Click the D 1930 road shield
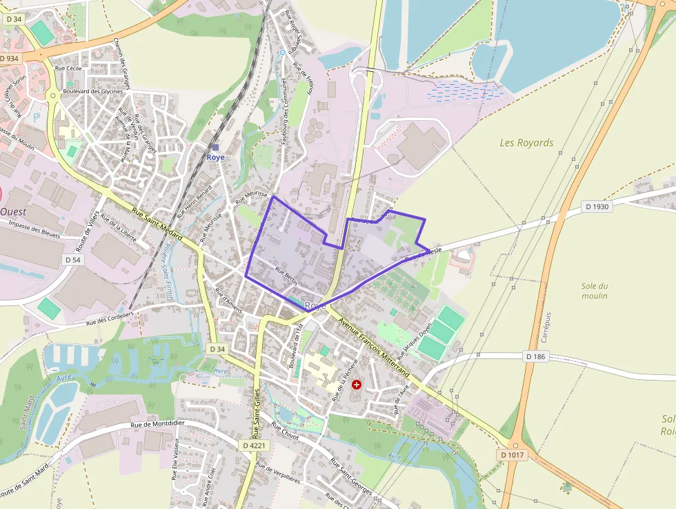click(x=598, y=207)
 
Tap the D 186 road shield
click(x=535, y=356)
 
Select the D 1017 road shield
click(x=513, y=455)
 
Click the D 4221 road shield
click(x=254, y=445)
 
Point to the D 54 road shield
click(x=72, y=259)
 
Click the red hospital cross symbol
click(x=356, y=384)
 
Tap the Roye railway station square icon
click(x=215, y=147)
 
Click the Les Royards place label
click(x=526, y=143)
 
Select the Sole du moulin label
click(x=594, y=291)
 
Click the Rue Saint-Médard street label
click(x=157, y=226)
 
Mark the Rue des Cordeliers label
click(x=110, y=318)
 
